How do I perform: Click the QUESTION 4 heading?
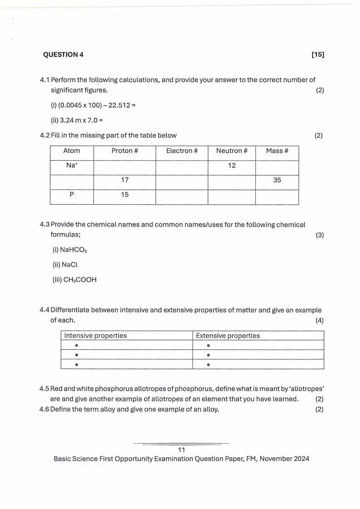pos(63,54)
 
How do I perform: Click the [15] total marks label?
pos(318,54)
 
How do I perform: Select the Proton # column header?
pos(125,151)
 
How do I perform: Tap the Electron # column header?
pos(182,151)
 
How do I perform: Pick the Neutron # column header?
pos(232,151)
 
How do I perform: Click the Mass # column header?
pos(277,151)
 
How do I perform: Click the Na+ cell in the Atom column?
pos(72,166)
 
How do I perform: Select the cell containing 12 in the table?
pos(232,166)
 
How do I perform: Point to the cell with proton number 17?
pos(125,180)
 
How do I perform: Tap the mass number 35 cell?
pos(277,180)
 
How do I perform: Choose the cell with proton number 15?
pos(125,195)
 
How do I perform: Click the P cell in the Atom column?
pos(72,195)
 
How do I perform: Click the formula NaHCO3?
pos(68,250)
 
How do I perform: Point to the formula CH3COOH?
pos(75,280)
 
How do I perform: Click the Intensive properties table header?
pos(96,336)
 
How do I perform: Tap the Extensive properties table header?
pos(228,336)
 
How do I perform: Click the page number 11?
pos(182,450)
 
